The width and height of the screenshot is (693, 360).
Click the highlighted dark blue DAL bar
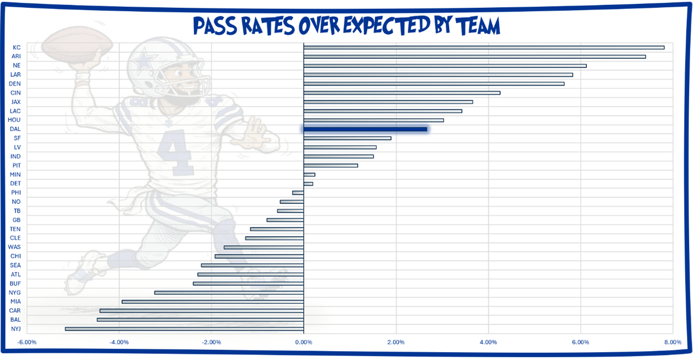(x=365, y=129)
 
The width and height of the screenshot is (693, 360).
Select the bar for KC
(x=484, y=47)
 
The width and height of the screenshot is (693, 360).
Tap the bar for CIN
(x=401, y=93)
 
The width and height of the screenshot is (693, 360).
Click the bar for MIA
(x=213, y=302)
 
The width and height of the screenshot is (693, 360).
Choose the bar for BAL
(x=200, y=320)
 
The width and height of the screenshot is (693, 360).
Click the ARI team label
(x=16, y=57)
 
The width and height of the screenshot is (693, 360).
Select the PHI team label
(x=16, y=193)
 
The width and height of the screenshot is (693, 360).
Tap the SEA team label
(x=16, y=265)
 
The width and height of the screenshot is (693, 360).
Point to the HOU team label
(x=14, y=120)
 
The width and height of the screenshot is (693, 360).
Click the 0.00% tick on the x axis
(x=304, y=342)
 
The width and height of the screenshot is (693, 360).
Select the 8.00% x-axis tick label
(x=672, y=342)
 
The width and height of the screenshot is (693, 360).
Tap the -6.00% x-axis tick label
(x=27, y=342)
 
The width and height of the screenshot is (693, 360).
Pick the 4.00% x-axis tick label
(x=488, y=342)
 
